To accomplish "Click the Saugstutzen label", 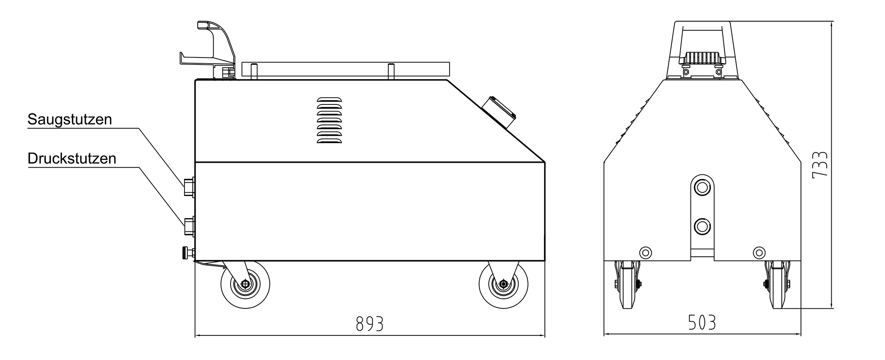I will click(x=70, y=119).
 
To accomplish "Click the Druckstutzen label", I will click(x=72, y=159).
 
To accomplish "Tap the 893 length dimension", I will click(x=369, y=324).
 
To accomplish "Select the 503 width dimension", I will click(x=702, y=323).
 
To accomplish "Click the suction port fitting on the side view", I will click(x=189, y=187).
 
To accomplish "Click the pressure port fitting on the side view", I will click(x=189, y=227).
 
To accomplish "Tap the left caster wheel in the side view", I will click(x=245, y=285).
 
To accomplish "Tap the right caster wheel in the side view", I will click(x=503, y=285).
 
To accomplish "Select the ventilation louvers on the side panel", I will click(x=329, y=121).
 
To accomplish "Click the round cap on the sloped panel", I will click(x=499, y=113).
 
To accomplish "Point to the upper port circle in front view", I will click(x=702, y=188).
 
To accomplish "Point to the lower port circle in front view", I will click(x=702, y=227).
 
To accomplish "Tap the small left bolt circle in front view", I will click(x=646, y=252).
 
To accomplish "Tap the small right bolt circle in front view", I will click(x=759, y=252).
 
